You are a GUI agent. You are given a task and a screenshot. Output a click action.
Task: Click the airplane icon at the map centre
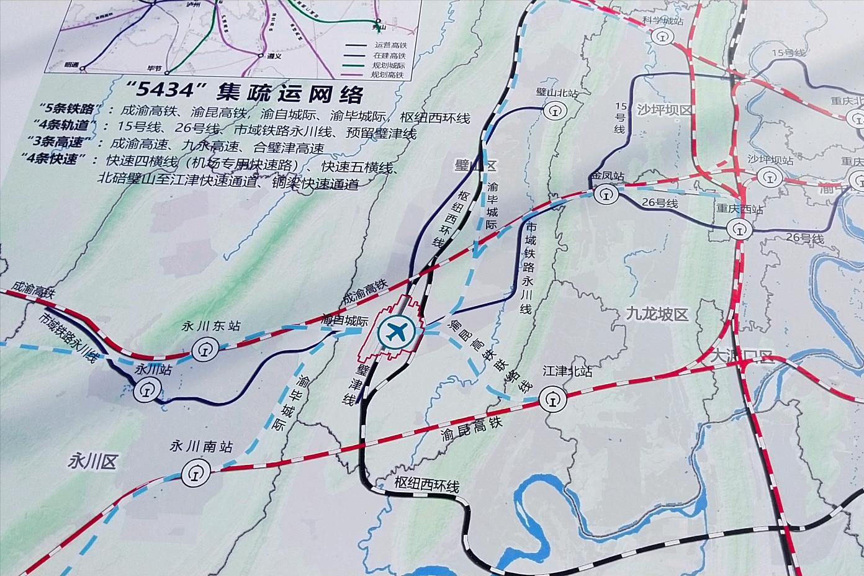pos(397,331)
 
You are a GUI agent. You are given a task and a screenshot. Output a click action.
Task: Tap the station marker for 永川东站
pos(202,352)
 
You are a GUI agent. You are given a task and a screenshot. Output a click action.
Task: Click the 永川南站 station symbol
pos(194,475)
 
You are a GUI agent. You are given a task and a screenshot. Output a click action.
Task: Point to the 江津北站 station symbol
pos(552,398)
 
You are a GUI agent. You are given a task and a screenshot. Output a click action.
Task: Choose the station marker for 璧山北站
pos(553,111)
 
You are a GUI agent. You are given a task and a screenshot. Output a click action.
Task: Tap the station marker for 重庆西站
pos(739,228)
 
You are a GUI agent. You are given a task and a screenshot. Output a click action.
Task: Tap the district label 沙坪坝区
pos(664,109)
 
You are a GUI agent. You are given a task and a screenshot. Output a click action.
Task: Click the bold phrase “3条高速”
pos(68,147)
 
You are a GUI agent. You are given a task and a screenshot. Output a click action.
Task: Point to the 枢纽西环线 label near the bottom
pos(426,486)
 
